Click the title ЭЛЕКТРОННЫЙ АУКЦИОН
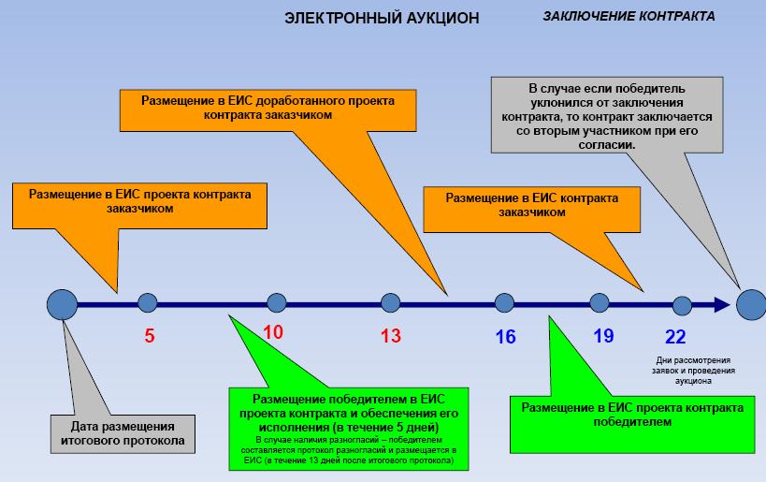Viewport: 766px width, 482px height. (381, 18)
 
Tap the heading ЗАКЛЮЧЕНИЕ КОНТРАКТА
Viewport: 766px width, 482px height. (629, 17)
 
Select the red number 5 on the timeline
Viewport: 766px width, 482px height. (149, 334)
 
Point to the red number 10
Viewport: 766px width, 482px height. (272, 331)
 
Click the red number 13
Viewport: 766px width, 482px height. (390, 335)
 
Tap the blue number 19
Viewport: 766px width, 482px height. (603, 335)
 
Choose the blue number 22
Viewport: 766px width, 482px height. (676, 336)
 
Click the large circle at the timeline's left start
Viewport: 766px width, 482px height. (62, 303)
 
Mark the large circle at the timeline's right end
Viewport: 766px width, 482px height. (750, 303)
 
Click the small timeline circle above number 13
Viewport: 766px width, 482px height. (390, 302)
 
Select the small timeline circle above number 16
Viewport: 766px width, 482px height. (504, 302)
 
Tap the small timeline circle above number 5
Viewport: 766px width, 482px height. (147, 302)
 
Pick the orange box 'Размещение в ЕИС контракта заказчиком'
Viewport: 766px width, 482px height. (530, 205)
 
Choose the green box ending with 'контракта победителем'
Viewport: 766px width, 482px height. (632, 415)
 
